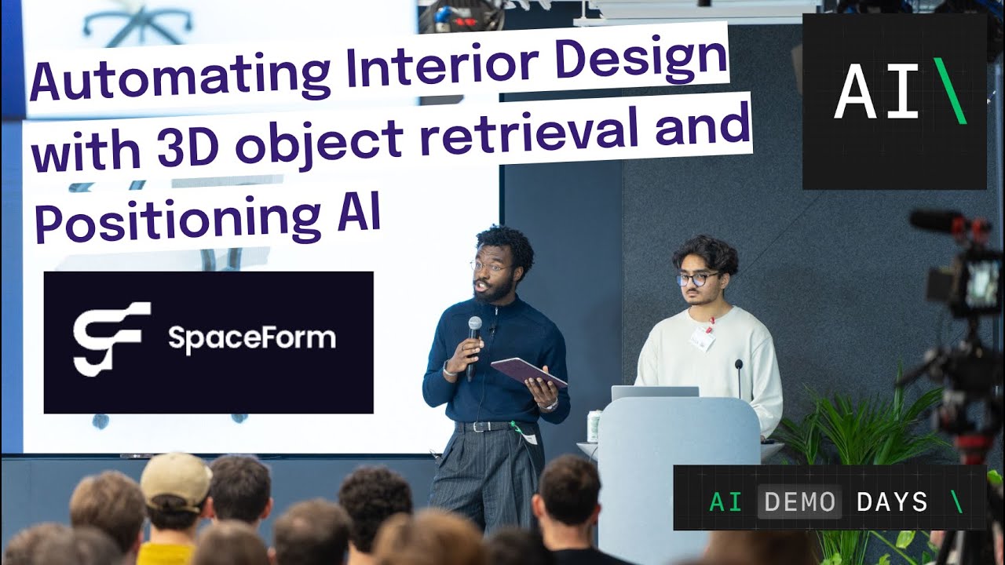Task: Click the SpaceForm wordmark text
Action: coord(251,339)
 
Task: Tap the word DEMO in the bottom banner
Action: coord(799,502)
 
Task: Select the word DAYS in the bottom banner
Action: coord(892,502)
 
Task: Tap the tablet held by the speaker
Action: coord(528,371)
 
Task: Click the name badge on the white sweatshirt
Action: coord(702,338)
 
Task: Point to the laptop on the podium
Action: coord(654,392)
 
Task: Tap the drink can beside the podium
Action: coord(594,425)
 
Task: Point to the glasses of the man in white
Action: coord(695,279)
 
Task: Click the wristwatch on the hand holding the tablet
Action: coord(553,404)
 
